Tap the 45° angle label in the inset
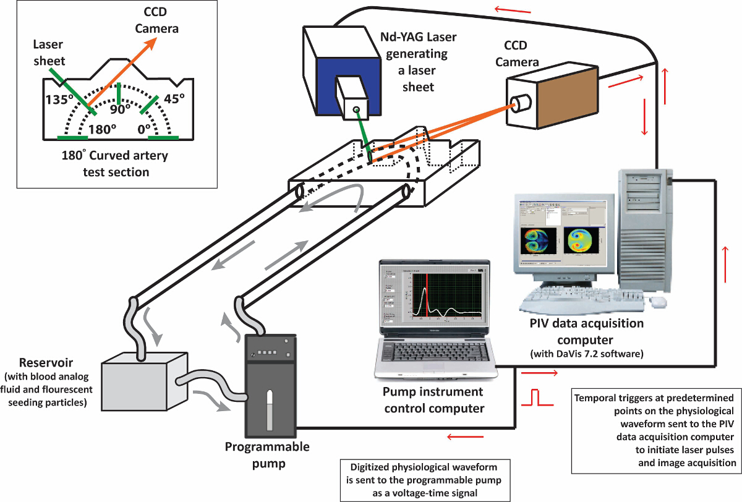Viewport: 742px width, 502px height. click(x=174, y=100)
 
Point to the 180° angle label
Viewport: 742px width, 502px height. click(x=101, y=130)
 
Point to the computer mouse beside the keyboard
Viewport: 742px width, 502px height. click(x=658, y=302)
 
